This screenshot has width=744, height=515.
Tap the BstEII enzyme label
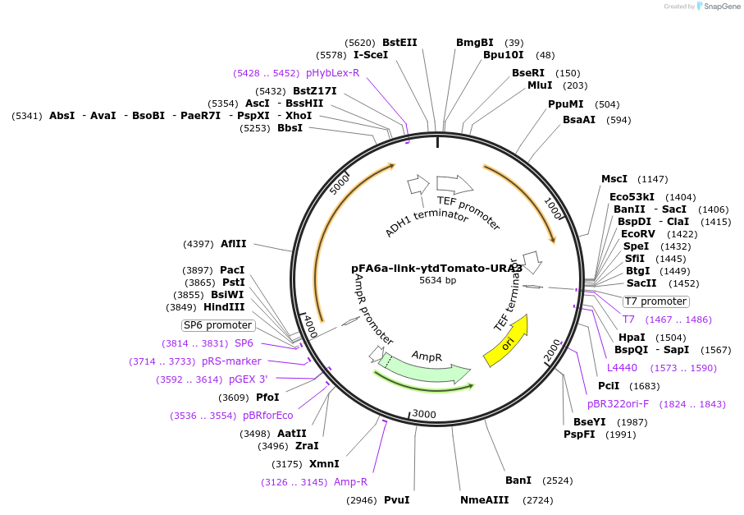tap(399, 43)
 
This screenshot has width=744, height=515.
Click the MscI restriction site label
tap(614, 179)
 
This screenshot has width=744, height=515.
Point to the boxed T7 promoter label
tap(655, 301)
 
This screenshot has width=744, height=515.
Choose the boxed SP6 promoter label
tap(217, 325)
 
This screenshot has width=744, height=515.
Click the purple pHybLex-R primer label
tap(333, 73)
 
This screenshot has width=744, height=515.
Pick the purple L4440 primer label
tap(622, 367)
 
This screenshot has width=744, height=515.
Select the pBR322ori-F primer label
tap(618, 404)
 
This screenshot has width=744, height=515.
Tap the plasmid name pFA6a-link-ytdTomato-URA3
tap(436, 268)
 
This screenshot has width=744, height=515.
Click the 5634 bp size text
tap(437, 280)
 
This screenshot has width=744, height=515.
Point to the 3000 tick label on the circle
tap(423, 413)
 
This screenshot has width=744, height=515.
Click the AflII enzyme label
tap(234, 244)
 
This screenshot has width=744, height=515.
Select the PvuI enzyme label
tap(396, 500)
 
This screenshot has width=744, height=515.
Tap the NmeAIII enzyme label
tap(484, 500)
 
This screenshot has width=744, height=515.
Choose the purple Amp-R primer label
tap(350, 482)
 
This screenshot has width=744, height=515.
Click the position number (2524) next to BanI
tap(558, 481)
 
